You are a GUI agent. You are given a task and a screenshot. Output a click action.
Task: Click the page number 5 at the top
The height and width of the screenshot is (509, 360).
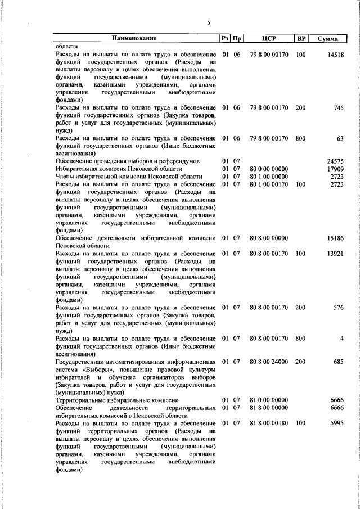pyautogui.click(x=208, y=23)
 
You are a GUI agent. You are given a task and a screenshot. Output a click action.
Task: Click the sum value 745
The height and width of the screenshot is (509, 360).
pyautogui.click(x=338, y=107)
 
